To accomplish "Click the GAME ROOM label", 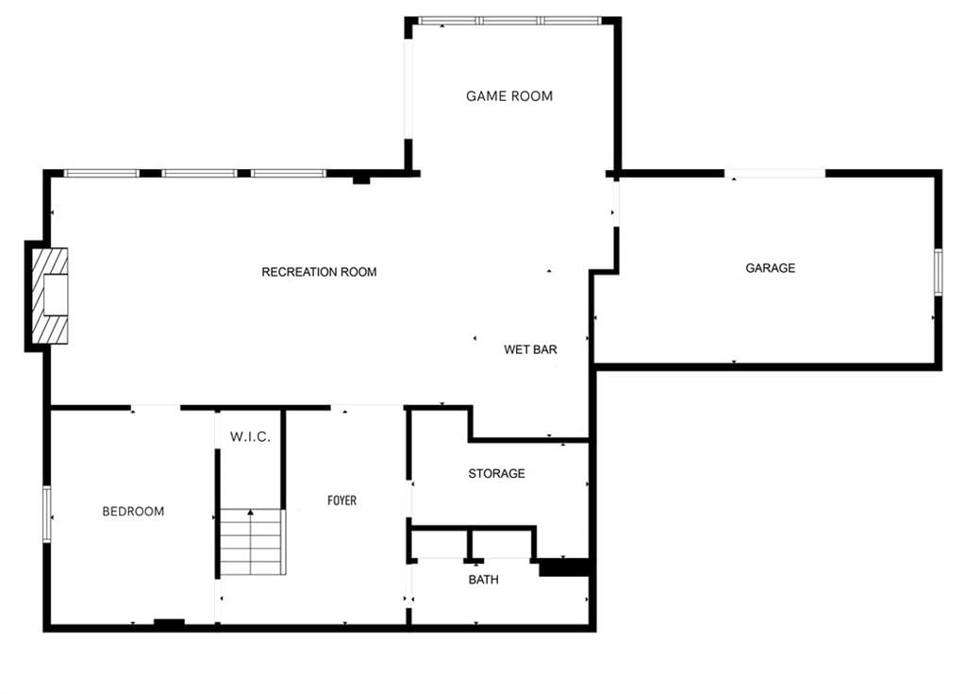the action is (508, 96).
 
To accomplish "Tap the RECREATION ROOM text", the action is (319, 272).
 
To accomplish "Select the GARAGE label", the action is (770, 268).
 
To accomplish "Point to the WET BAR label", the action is (530, 349).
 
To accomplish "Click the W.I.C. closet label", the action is (250, 437).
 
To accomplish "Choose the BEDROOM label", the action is (133, 512).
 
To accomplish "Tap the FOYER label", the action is (341, 500).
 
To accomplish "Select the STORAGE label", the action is (496, 474).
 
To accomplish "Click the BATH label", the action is (484, 580).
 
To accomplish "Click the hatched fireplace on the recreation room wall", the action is (50, 296).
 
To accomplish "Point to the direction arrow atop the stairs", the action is (251, 512).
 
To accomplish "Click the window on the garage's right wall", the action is (939, 272).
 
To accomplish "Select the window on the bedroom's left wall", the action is (47, 515).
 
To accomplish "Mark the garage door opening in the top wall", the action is (774, 174).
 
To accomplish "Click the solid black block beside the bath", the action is (564, 567).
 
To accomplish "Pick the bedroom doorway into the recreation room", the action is (156, 407).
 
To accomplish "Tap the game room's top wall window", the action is (509, 21).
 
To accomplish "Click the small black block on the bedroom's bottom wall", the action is (169, 623).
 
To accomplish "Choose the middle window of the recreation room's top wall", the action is (200, 174).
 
